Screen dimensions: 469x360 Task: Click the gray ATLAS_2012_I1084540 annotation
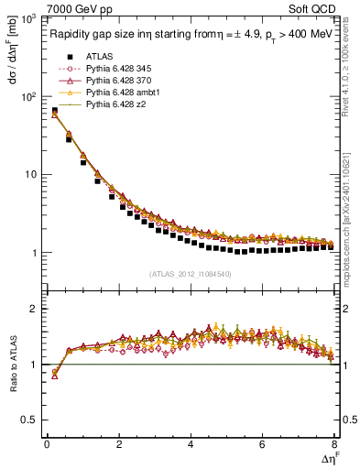190,273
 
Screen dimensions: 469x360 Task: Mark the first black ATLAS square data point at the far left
54,112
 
